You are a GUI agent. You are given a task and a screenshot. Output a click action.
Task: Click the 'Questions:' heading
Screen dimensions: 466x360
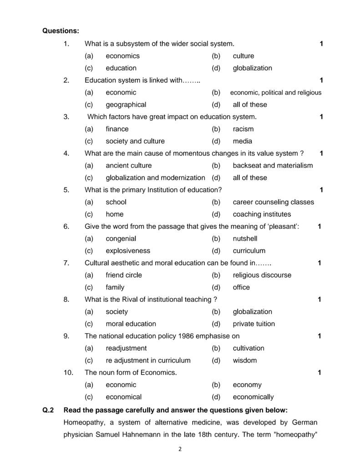pos(61,31)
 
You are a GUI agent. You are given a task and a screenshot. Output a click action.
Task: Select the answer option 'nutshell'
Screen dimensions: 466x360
pos(245,238)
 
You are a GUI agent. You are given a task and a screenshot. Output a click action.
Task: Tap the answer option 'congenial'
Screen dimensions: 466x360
pos(121,238)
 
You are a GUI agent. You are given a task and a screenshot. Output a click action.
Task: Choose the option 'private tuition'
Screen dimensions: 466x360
pos(254,324)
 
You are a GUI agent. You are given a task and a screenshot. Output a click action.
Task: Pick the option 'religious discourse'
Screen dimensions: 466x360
pos(262,275)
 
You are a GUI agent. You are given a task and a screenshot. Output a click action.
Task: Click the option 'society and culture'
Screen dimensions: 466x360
pos(135,141)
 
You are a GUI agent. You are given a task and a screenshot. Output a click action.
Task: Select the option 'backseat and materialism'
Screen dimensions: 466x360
pos(273,166)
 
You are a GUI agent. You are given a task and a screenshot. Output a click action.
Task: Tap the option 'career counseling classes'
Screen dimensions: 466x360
pos(273,202)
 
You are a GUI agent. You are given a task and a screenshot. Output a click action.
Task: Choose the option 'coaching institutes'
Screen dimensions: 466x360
pos(262,214)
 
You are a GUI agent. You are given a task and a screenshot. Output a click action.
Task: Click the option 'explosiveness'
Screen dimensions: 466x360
pos(128,251)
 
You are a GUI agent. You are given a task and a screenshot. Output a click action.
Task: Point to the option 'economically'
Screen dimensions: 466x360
pos(253,397)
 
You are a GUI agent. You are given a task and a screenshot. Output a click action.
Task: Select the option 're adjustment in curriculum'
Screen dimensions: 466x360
pos(148,360)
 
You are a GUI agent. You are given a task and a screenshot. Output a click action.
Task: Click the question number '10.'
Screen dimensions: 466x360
pos(69,373)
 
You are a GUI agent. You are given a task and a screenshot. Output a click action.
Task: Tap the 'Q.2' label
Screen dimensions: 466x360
pos(48,410)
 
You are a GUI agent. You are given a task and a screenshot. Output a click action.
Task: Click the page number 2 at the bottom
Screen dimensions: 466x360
pos(180,449)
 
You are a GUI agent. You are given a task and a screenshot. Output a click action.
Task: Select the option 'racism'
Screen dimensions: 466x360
pos(243,129)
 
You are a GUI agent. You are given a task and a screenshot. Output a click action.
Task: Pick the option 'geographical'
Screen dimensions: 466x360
pos(126,105)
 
